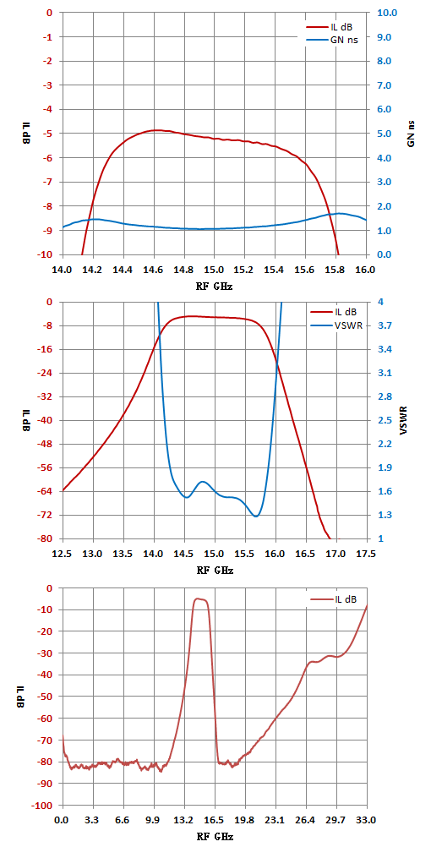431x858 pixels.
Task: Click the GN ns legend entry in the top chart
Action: pos(331,40)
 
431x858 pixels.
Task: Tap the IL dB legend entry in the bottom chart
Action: pos(334,599)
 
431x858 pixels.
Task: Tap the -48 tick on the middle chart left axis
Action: pos(46,445)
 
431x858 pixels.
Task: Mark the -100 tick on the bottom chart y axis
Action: pos(44,806)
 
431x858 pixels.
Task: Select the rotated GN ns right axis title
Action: pos(411,134)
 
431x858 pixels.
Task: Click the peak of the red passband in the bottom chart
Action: pos(198,598)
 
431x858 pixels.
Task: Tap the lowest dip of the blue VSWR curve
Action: pos(255,516)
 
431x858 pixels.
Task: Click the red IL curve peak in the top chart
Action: pos(155,130)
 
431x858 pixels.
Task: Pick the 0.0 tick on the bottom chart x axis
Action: pos(63,821)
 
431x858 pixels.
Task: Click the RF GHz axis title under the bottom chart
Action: pos(215,837)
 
